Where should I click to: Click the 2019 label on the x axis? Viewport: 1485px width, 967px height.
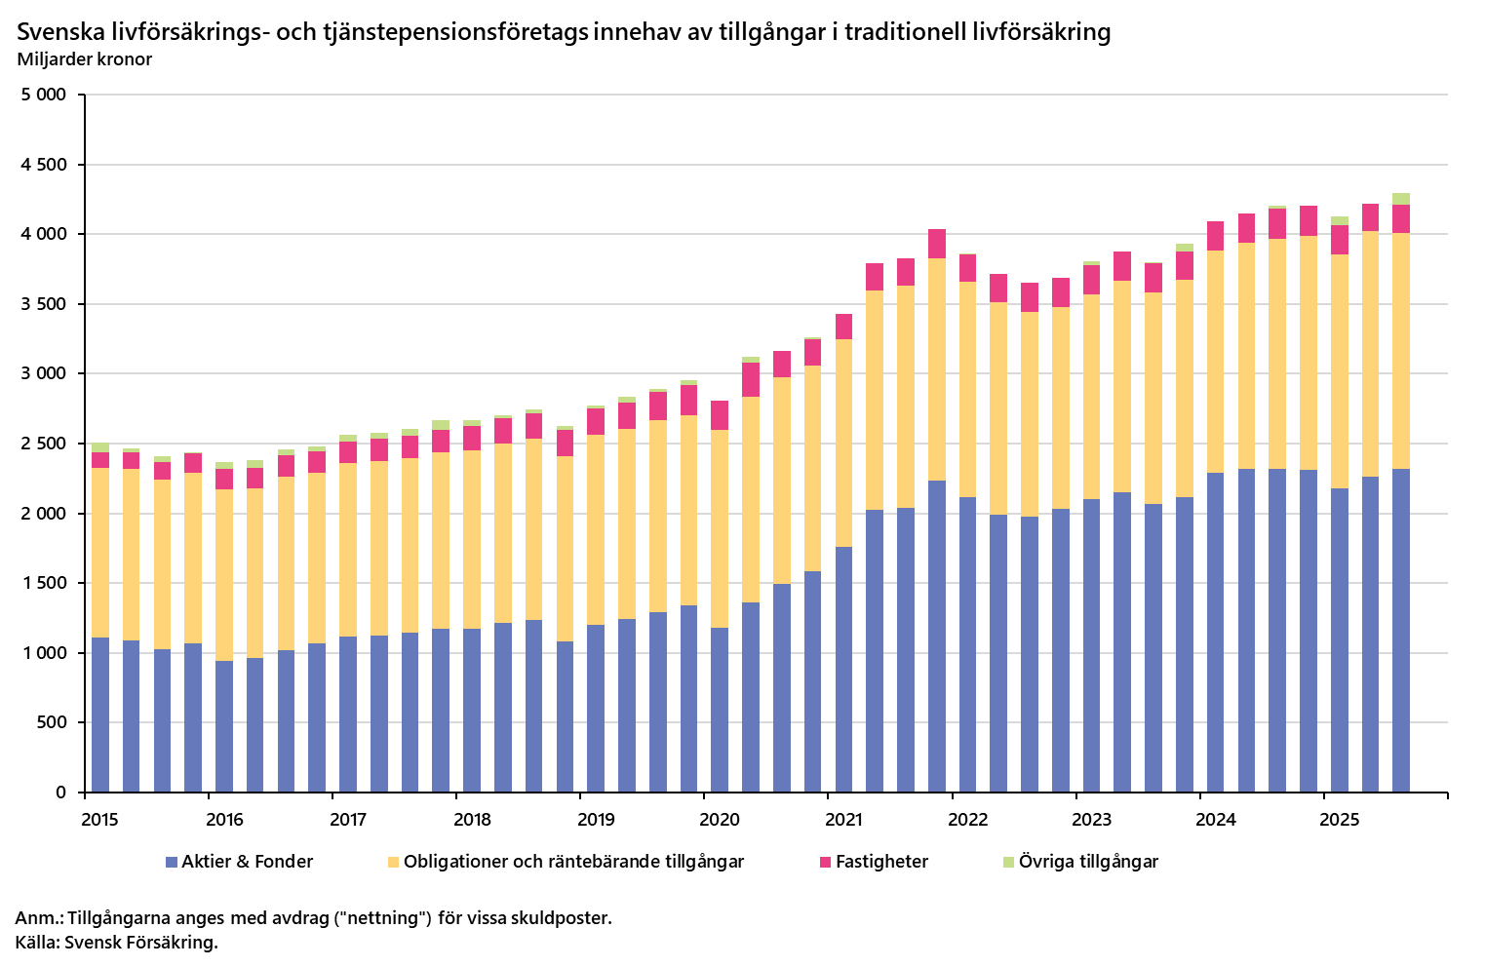click(596, 820)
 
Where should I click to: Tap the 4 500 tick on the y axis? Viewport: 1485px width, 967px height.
click(43, 165)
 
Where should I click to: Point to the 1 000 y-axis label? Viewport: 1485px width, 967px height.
click(43, 653)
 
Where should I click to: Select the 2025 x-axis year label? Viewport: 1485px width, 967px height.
click(1340, 820)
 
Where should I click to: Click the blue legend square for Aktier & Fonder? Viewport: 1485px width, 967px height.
click(172, 863)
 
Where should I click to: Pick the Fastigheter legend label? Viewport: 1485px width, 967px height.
click(881, 862)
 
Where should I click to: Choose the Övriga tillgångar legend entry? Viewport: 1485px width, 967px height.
click(1088, 862)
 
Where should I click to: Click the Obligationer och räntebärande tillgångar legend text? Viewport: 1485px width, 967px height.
click(573, 862)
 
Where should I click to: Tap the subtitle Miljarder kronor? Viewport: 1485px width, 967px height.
click(85, 59)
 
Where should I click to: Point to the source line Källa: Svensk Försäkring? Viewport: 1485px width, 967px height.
click(117, 943)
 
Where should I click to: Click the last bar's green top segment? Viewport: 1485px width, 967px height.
click(1401, 199)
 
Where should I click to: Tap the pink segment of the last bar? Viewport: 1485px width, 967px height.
click(1401, 219)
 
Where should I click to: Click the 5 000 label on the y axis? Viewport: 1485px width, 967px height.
click(43, 96)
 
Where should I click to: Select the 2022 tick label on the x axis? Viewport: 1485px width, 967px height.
click(968, 820)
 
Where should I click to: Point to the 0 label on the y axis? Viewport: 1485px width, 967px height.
click(60, 793)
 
